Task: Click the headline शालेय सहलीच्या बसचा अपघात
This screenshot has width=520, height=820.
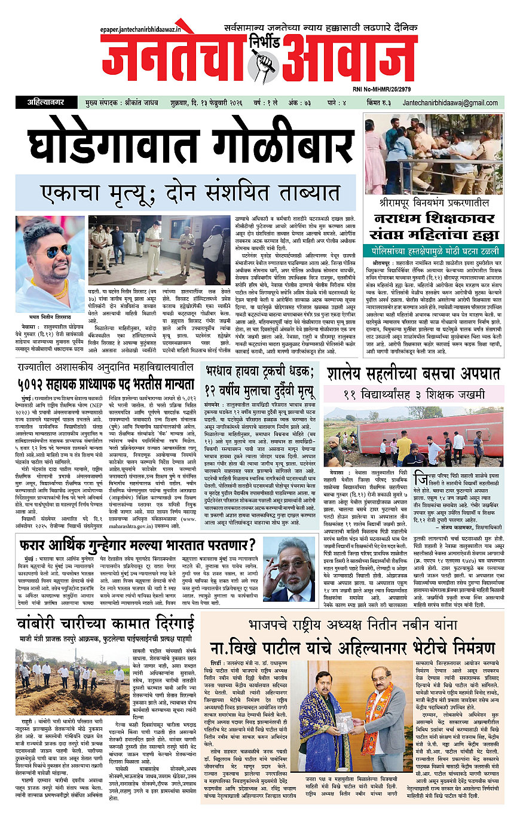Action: pyautogui.click(x=414, y=374)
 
